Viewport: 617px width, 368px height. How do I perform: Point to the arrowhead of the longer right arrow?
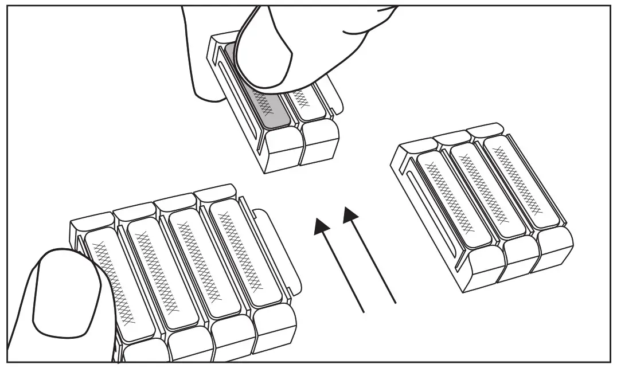(351, 217)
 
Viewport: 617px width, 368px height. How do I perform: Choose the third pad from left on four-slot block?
(197, 261)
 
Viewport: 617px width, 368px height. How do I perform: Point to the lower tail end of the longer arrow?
(395, 302)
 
